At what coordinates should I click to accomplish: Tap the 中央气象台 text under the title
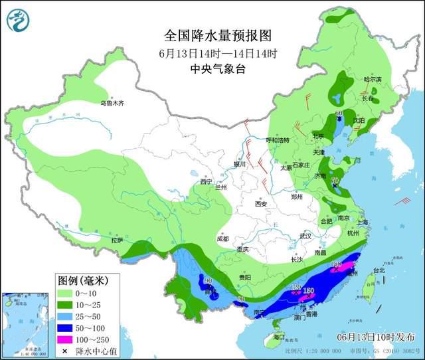click(218, 69)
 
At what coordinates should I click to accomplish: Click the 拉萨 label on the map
click(116, 240)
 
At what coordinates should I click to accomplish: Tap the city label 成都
click(222, 238)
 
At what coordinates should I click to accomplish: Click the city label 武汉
click(305, 236)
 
